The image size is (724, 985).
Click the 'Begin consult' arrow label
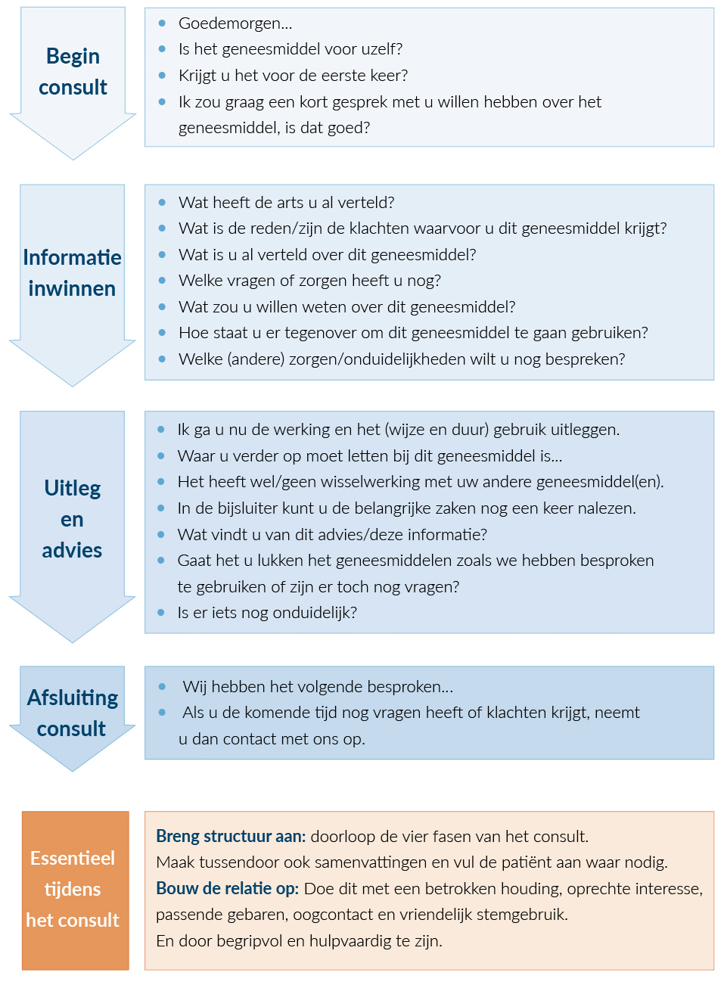[x=73, y=72]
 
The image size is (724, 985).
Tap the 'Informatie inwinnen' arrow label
[x=72, y=273]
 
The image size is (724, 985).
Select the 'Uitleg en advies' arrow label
[x=72, y=519]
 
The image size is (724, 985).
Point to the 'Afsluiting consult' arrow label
[x=72, y=713]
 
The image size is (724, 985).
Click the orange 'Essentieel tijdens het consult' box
[x=75, y=890]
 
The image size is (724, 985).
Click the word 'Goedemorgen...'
[x=235, y=23]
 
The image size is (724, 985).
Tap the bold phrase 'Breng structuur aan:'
[x=231, y=837]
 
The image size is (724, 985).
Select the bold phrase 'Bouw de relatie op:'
[x=227, y=889]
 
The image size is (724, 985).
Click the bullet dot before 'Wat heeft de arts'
[x=162, y=203]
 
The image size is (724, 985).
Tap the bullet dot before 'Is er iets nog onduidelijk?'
[x=161, y=613]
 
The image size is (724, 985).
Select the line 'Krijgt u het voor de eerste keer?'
[x=293, y=76]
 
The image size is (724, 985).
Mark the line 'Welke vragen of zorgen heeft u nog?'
[x=309, y=281]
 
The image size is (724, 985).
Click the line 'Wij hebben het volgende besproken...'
[x=318, y=687]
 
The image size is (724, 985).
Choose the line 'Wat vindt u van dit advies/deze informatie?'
[x=332, y=535]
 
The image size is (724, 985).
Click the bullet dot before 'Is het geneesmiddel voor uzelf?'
[x=162, y=49]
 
